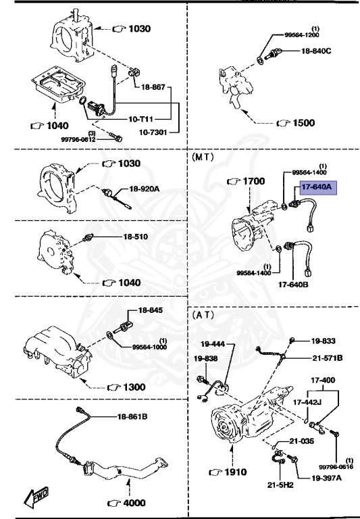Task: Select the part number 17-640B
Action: point(293,284)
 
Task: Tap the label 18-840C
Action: point(317,51)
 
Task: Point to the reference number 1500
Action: point(301,124)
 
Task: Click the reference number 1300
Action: point(132,387)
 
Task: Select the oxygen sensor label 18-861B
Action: point(132,416)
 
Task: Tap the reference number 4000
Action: point(132,503)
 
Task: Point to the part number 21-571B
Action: point(328,357)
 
